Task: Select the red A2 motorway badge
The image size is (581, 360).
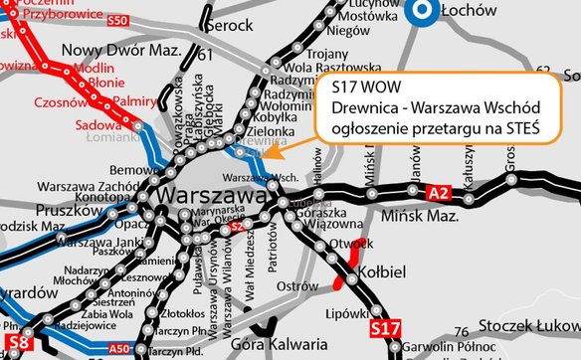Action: click(x=438, y=191)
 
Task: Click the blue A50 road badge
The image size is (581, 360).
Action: click(x=118, y=348)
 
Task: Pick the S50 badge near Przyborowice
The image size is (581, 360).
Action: click(x=117, y=20)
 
